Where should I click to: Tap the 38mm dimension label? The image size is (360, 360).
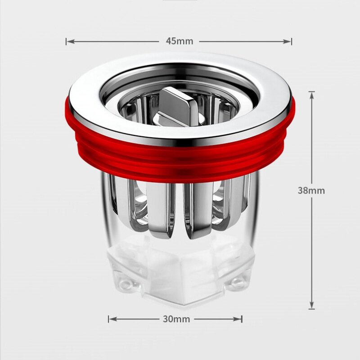coord(311,190)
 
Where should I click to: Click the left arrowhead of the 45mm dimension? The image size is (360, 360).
coord(71,41)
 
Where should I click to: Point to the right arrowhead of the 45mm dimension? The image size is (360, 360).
coord(287,41)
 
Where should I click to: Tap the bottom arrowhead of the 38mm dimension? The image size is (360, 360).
coord(311,305)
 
